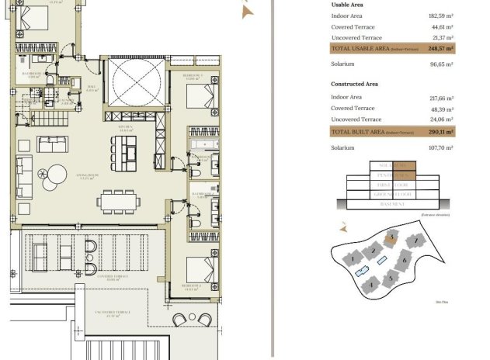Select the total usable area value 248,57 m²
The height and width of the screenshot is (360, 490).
point(440,48)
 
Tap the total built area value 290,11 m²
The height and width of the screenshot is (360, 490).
point(440,133)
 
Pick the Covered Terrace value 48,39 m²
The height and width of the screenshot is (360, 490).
point(440,109)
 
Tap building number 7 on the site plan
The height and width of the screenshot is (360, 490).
point(416,241)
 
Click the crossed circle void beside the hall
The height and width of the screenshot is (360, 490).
point(136,85)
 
